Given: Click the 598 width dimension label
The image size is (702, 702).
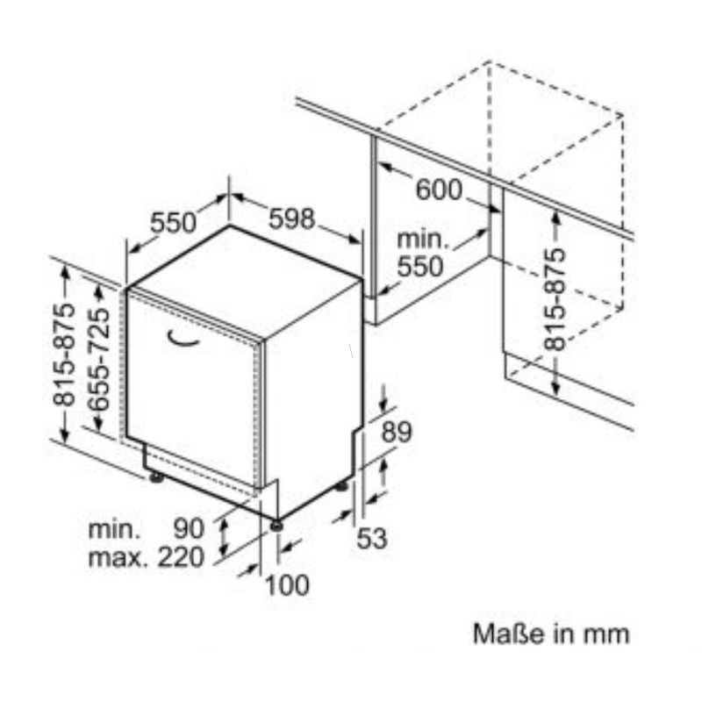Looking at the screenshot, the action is pyautogui.click(x=291, y=218).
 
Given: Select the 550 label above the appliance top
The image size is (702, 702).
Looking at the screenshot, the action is pyautogui.click(x=173, y=223).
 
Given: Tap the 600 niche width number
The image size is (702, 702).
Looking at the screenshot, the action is pyautogui.click(x=439, y=190).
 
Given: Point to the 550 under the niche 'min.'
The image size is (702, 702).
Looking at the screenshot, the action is pyautogui.click(x=420, y=267).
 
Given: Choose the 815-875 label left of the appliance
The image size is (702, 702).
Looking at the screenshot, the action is pyautogui.click(x=63, y=355).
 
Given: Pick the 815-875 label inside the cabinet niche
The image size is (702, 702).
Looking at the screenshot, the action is pyautogui.click(x=555, y=299).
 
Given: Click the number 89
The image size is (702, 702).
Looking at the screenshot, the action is pyautogui.click(x=397, y=432).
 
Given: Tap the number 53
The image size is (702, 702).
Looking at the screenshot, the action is pyautogui.click(x=371, y=538).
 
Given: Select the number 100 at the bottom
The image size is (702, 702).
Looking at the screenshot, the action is pyautogui.click(x=288, y=584).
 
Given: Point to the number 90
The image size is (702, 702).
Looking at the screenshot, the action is pyautogui.click(x=189, y=528).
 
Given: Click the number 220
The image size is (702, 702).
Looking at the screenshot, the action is pyautogui.click(x=182, y=557).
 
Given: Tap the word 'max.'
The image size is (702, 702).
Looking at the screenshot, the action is pyautogui.click(x=118, y=558).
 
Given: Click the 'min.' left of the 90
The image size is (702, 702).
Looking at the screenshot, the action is pyautogui.click(x=114, y=529).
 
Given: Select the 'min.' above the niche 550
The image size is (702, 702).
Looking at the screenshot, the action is pyautogui.click(x=423, y=240).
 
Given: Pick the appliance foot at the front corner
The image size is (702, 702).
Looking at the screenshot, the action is pyautogui.click(x=276, y=525).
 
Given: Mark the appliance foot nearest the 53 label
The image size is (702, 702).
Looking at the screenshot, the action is pyautogui.click(x=341, y=486).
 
